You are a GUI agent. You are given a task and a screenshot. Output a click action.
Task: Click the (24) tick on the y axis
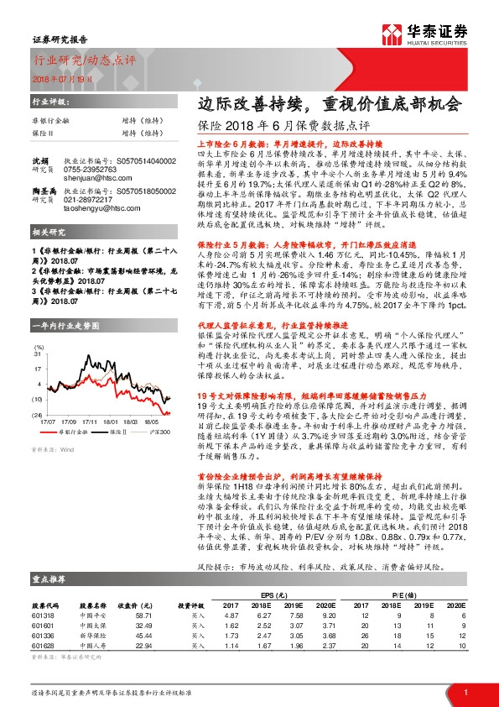tap(38, 391)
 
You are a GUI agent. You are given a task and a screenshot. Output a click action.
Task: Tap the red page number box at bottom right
tap(465, 691)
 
